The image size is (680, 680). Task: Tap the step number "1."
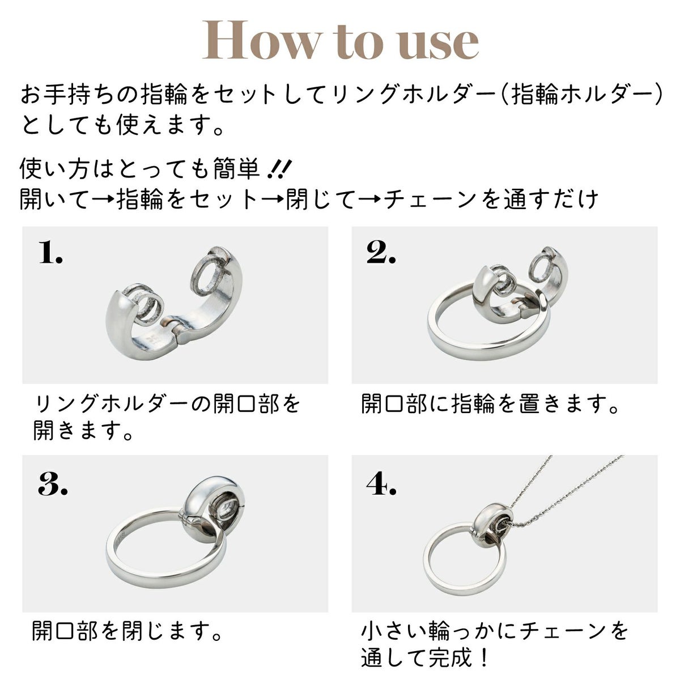pos(50,252)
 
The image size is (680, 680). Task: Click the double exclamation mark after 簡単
pos(279,170)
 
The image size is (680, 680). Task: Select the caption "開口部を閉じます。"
pos(127,631)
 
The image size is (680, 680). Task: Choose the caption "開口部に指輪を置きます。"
pos(490,404)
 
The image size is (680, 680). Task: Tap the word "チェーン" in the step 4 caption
pos(564,631)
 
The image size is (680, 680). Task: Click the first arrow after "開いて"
pos(103,199)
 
